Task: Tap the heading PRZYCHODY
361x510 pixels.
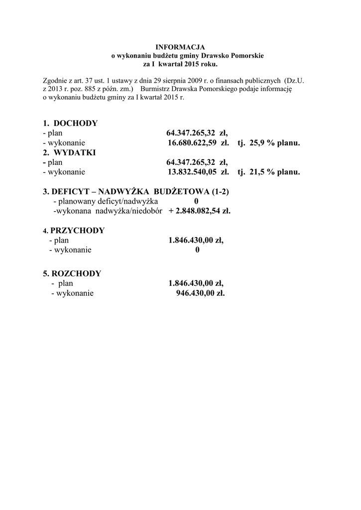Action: click(77, 231)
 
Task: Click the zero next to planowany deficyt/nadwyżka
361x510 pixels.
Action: click(196, 201)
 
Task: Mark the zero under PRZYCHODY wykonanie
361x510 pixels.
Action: click(197, 250)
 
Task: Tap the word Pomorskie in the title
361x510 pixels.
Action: click(247, 56)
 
